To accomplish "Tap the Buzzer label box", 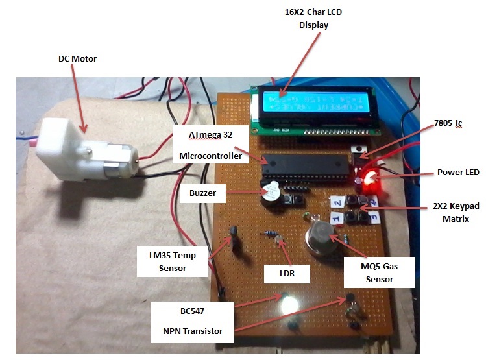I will pyautogui.click(x=202, y=193).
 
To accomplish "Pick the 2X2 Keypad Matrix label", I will pyautogui.click(x=456, y=212).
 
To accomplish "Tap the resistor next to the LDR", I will pyautogui.click(x=269, y=235).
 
